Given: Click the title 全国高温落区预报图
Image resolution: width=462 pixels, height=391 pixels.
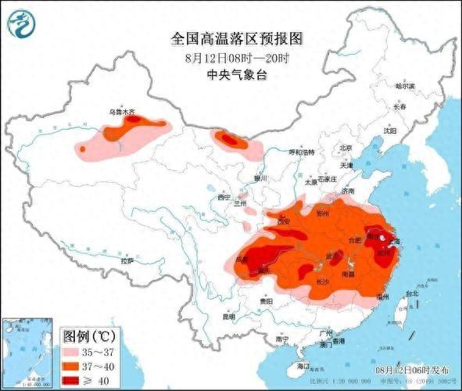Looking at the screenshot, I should [235, 38].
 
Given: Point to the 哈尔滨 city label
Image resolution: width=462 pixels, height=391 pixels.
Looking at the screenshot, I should [404, 84].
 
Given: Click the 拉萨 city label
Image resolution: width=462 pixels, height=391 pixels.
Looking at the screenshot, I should [127, 259].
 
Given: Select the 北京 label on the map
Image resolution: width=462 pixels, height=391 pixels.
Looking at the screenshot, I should [345, 148].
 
